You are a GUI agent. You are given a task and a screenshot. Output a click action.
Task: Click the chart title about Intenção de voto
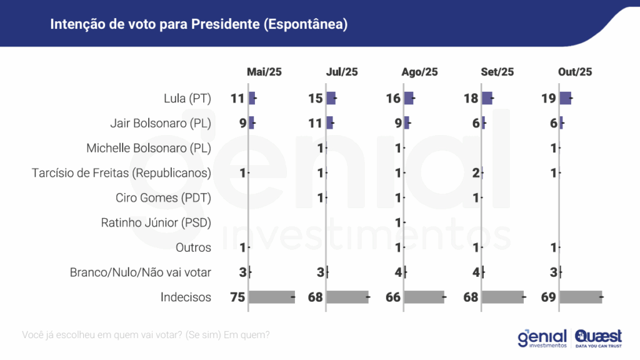pyautogui.click(x=199, y=24)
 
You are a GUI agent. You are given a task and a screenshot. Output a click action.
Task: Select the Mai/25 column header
pyautogui.click(x=264, y=72)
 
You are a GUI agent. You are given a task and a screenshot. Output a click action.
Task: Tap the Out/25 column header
pyautogui.click(x=575, y=72)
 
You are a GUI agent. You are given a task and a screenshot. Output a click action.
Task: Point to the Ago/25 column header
pyautogui.click(x=420, y=72)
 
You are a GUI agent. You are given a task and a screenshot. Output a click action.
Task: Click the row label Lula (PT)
pyautogui.click(x=186, y=98)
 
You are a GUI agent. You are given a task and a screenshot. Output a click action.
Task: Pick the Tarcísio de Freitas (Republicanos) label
pyautogui.click(x=121, y=172)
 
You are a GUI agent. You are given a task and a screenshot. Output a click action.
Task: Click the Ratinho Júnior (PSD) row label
pyautogui.click(x=156, y=222)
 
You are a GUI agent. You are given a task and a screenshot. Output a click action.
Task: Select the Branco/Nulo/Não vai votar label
pyautogui.click(x=141, y=272)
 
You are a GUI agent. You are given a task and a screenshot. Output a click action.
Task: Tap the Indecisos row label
pyautogui.click(x=186, y=297)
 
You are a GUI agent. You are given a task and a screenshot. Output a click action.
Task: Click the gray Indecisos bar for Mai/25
pyautogui.click(x=271, y=297)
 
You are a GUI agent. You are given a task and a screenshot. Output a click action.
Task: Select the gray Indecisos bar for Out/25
pyautogui.click(x=581, y=297)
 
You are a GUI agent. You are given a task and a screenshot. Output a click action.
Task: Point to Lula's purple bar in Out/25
pyautogui.click(x=565, y=98)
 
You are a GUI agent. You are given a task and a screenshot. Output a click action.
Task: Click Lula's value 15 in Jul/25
pyautogui.click(x=315, y=98)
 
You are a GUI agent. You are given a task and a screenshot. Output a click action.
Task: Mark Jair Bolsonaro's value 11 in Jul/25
pyautogui.click(x=315, y=123)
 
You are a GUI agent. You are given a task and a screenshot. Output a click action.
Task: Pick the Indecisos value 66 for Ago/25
pyautogui.click(x=393, y=297)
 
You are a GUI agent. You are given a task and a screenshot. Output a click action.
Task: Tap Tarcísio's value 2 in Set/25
pyautogui.click(x=476, y=172)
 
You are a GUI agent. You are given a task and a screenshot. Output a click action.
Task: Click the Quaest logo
pyautogui.click(x=598, y=337)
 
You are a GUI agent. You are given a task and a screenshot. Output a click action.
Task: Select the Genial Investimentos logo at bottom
pyautogui.click(x=542, y=337)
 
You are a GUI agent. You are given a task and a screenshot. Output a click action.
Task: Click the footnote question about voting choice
pyautogui.click(x=146, y=335)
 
